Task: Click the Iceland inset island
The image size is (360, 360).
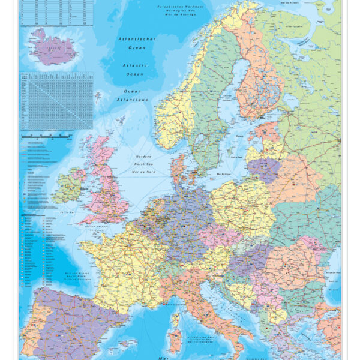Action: (53, 48)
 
